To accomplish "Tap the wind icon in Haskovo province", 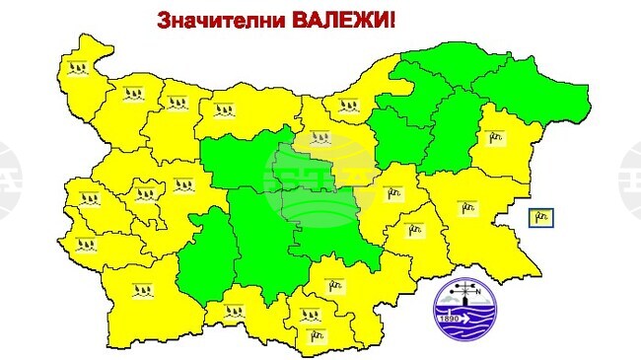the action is click(x=336, y=286).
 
